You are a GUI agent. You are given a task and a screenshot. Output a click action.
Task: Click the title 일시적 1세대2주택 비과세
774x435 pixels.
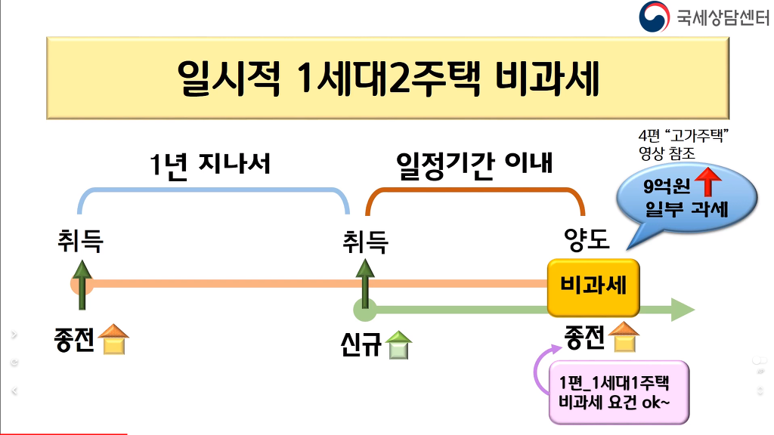pyautogui.click(x=387, y=78)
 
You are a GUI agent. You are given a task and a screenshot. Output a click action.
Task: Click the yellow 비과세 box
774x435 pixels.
pyautogui.click(x=593, y=287)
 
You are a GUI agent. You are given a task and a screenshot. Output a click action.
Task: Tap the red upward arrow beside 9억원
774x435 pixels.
pyautogui.click(x=707, y=184)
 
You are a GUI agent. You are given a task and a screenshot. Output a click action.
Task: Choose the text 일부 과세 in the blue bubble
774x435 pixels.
pyautogui.click(x=687, y=208)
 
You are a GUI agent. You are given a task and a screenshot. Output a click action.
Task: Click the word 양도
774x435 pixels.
pyautogui.click(x=587, y=240)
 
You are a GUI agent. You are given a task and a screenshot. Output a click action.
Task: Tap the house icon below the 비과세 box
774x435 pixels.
pyautogui.click(x=624, y=338)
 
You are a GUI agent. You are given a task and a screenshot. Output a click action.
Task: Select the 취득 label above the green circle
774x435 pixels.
pyautogui.click(x=365, y=242)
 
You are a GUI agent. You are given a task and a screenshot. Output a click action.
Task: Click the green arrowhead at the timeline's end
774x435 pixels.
pyautogui.click(x=682, y=310)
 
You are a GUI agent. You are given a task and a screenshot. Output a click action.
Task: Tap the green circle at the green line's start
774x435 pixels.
pyautogui.click(x=365, y=310)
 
